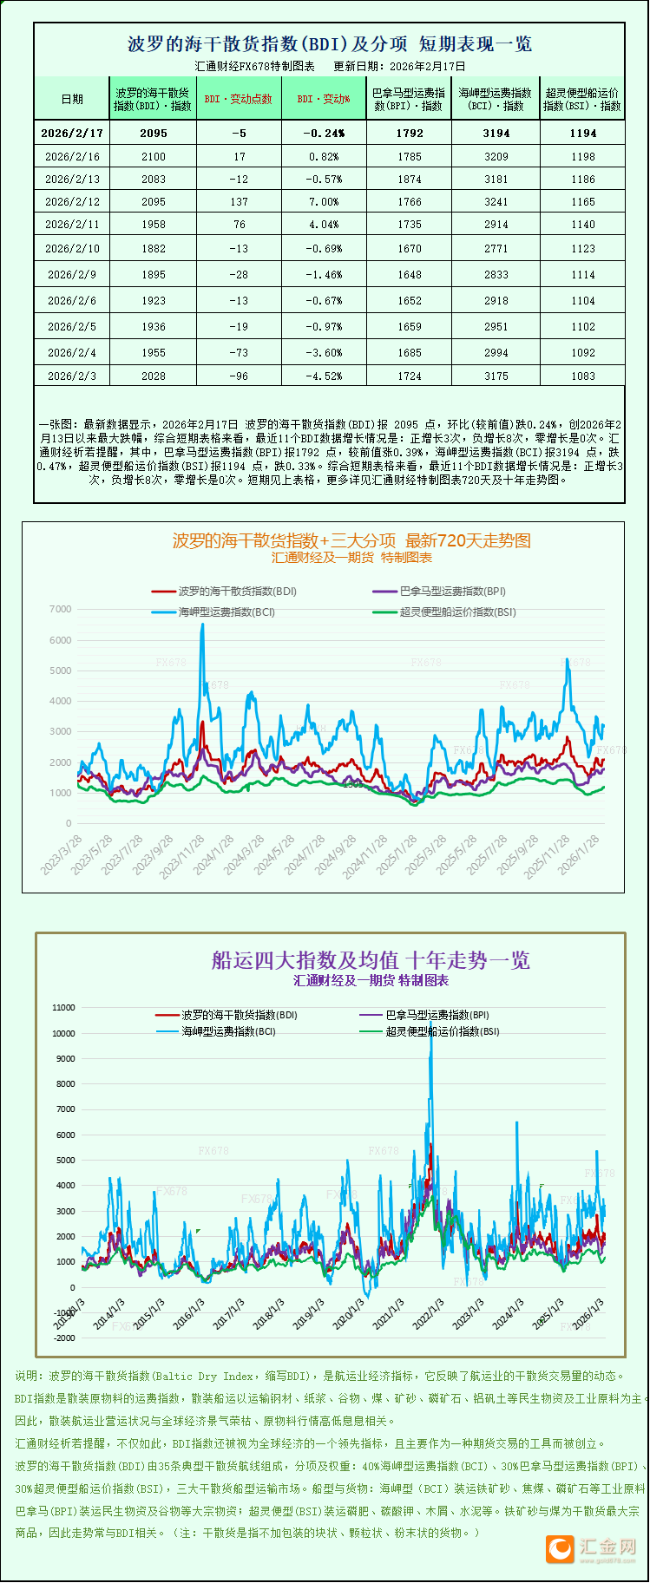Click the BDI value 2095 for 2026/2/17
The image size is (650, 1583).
point(153,133)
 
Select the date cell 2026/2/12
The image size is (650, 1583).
point(72,201)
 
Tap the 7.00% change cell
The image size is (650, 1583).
point(324,201)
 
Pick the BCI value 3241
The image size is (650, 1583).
point(496,201)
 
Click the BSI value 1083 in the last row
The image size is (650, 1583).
point(583,376)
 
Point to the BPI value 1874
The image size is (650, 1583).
point(410,179)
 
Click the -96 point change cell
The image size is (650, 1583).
point(240,376)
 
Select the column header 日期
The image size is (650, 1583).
point(72,99)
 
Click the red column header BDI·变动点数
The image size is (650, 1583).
point(239,99)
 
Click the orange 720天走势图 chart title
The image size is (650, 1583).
point(351,540)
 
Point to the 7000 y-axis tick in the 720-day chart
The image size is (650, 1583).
point(61,609)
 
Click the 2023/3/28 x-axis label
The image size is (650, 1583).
point(62,854)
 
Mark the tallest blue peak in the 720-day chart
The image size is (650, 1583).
point(202,625)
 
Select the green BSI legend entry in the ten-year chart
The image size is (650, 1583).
point(442,1031)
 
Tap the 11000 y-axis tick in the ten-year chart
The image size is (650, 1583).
point(64,1007)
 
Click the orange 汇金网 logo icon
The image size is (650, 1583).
point(560,1548)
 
